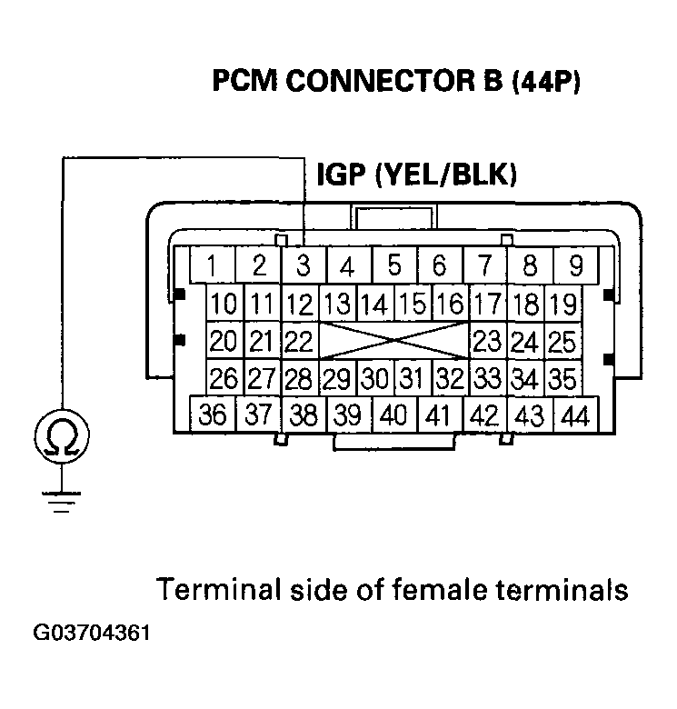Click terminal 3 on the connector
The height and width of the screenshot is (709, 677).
(303, 266)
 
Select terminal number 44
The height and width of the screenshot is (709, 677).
(573, 415)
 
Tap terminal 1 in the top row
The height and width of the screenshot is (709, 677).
(212, 266)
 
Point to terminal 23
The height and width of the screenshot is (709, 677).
(488, 341)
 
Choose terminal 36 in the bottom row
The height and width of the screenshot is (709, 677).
(213, 415)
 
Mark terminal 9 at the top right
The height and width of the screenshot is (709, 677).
(575, 266)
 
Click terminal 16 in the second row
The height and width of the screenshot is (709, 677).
(447, 303)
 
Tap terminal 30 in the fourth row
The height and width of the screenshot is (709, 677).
(373, 377)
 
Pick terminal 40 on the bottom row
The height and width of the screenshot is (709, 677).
(393, 415)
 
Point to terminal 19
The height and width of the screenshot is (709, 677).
(563, 303)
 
